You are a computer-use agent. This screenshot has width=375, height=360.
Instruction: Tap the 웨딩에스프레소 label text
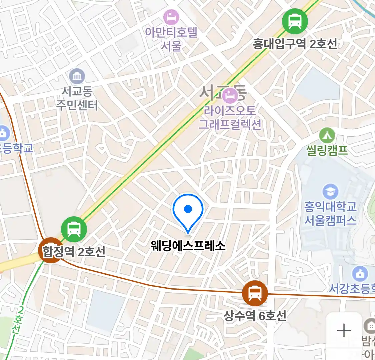pyautogui.click(x=188, y=246)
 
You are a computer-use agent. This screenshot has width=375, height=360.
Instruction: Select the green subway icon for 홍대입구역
pyautogui.click(x=295, y=21)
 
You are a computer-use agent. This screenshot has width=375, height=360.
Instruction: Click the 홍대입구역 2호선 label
pyautogui.click(x=295, y=44)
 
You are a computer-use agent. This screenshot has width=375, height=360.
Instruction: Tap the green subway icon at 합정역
pyautogui.click(x=74, y=229)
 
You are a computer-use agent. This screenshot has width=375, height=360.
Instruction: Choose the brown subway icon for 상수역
pyautogui.click(x=255, y=294)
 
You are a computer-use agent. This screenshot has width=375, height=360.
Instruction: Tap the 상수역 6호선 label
pyautogui.click(x=255, y=315)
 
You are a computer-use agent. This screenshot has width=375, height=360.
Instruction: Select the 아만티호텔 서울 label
pyautogui.click(x=171, y=39)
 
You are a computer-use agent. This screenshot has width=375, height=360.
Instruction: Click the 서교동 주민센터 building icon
pyautogui.click(x=77, y=77)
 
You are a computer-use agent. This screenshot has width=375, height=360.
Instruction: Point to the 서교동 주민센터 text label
pyautogui.click(x=77, y=98)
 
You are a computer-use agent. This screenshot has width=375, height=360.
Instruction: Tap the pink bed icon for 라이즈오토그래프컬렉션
pyautogui.click(x=230, y=96)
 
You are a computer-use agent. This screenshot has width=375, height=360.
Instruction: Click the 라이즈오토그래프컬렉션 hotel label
pyautogui.click(x=230, y=117)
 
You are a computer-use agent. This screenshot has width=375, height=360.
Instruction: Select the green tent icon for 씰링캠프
pyautogui.click(x=327, y=135)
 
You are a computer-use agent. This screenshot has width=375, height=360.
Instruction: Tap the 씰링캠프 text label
pyautogui.click(x=327, y=150)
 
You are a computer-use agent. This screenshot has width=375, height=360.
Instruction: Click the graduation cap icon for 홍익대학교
pyautogui.click(x=330, y=192)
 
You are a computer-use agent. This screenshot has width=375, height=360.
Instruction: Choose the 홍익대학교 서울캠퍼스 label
pyautogui.click(x=330, y=213)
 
